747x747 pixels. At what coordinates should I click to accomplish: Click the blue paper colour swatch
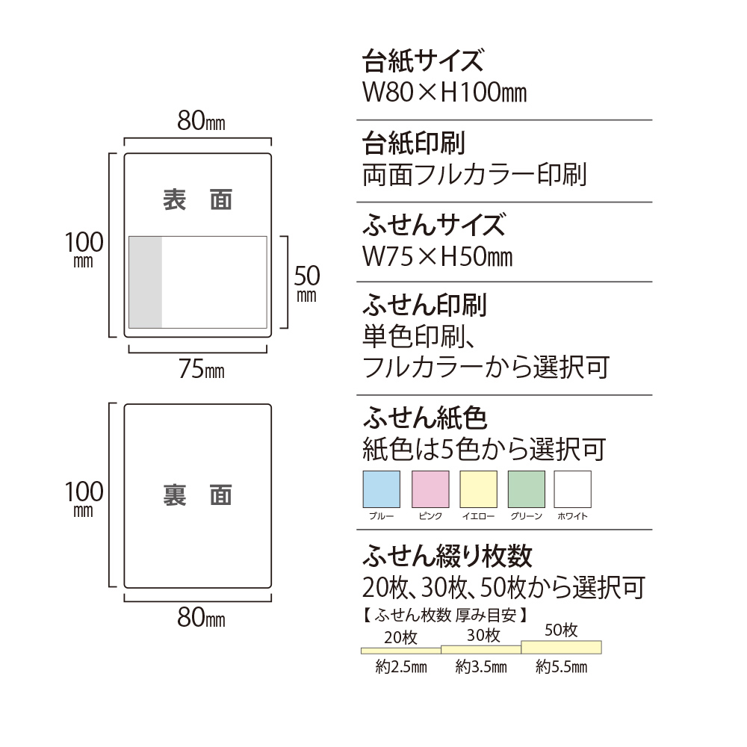point(381,489)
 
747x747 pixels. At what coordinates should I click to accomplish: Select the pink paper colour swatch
point(430,489)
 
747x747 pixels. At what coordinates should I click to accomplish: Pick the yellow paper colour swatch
point(478,489)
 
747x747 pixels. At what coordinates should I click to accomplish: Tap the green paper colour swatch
point(527,489)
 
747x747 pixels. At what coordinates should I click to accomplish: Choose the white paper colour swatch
point(573,489)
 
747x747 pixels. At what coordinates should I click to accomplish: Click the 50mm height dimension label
point(307,282)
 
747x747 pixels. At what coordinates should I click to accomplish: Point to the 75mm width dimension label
point(202,368)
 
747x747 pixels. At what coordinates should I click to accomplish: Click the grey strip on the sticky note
point(146,282)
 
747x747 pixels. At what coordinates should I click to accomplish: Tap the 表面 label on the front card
point(197,199)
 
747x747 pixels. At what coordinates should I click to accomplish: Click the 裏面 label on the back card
point(197,495)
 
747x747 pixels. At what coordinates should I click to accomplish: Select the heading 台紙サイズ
point(423,61)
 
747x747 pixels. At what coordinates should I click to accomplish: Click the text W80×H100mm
point(444,93)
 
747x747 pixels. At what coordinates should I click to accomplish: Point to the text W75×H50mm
point(437,256)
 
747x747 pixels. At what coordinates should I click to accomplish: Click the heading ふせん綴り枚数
point(447,556)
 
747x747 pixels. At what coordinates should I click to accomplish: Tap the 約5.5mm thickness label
point(561,666)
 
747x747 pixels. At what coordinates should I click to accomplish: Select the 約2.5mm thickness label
point(401,666)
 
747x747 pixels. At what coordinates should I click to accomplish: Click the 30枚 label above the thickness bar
point(483,636)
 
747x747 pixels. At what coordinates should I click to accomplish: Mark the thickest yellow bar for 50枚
point(561,647)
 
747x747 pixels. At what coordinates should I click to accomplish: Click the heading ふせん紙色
point(425,418)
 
